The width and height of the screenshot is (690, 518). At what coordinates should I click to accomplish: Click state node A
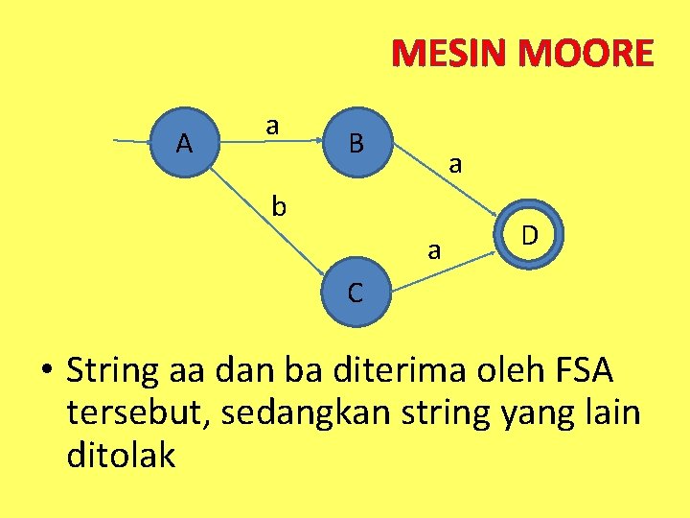coord(185,144)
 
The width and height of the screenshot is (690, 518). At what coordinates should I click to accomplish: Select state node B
coord(356,144)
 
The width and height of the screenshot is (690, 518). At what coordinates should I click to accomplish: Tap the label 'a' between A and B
coord(273,125)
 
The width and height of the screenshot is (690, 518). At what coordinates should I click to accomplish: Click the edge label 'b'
coord(279,205)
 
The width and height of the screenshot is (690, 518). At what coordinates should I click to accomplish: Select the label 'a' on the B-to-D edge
coord(456,165)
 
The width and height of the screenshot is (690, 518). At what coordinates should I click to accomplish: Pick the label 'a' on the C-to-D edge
coord(434,251)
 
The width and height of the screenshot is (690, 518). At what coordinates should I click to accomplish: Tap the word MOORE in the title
coord(586,54)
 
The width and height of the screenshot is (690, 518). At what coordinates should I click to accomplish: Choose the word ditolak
coord(121,454)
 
